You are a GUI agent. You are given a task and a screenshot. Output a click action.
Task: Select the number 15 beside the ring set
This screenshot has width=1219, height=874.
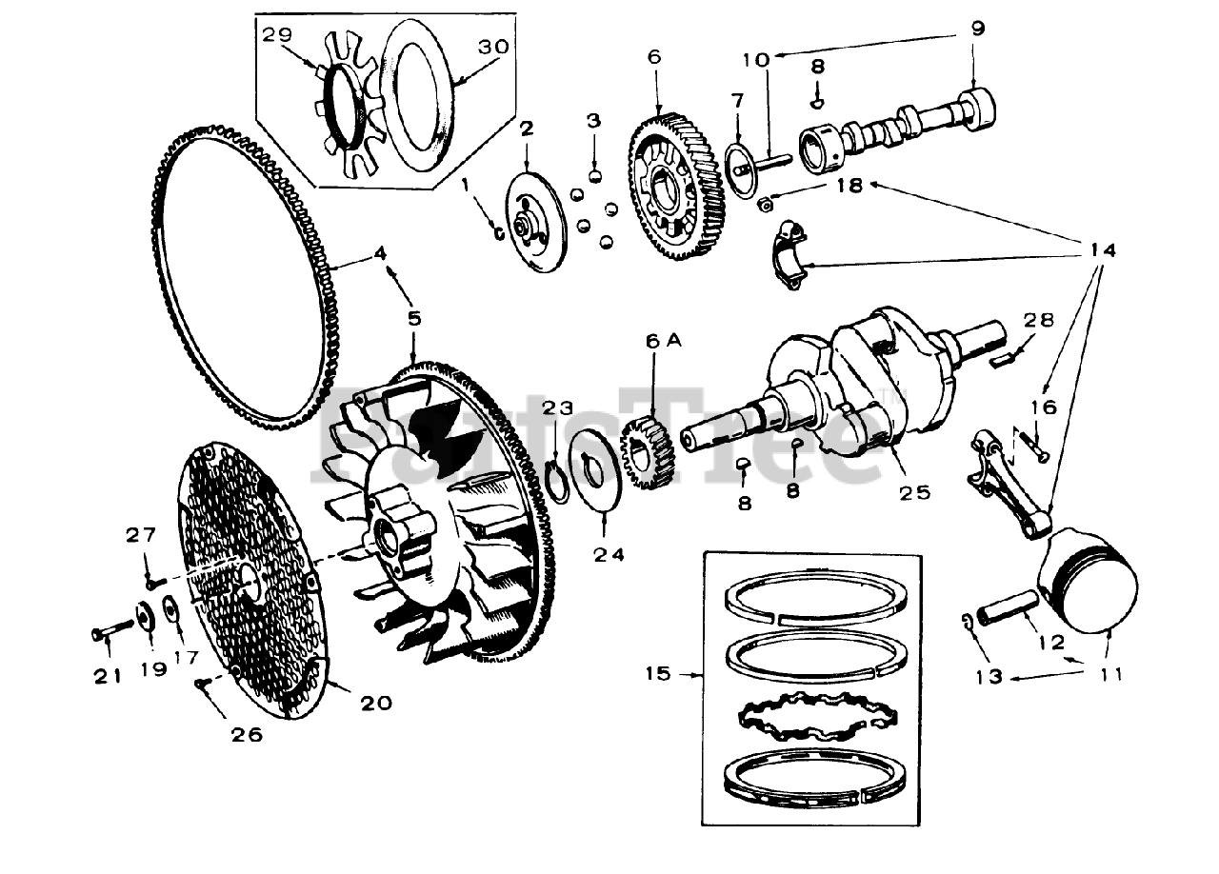pyautogui.click(x=658, y=674)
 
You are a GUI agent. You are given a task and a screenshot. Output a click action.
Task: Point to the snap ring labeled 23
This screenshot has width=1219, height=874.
pyautogui.click(x=560, y=476)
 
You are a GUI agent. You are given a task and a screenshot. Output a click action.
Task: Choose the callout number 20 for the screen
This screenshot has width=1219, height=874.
pyautogui.click(x=377, y=704)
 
